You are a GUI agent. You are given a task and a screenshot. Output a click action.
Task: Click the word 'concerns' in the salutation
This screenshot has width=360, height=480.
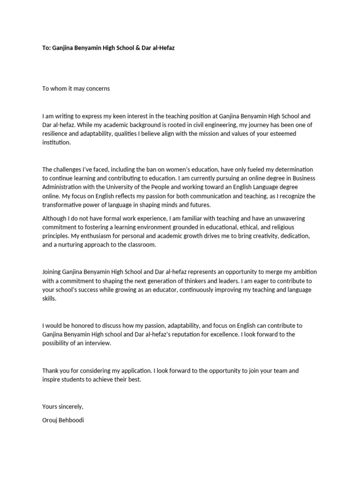coord(97,89)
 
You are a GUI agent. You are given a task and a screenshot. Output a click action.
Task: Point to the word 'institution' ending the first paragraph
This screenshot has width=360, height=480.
coord(56,143)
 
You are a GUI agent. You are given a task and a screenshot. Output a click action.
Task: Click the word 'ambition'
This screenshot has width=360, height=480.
coord(299,271)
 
